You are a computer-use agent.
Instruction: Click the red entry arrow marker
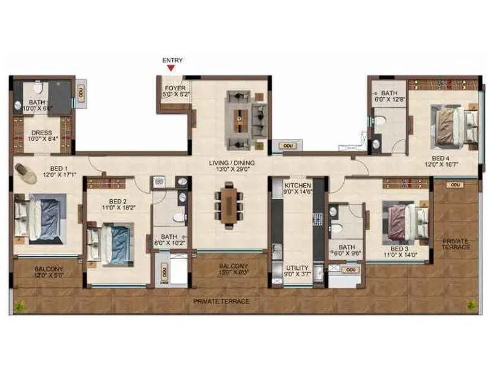(x=171, y=69)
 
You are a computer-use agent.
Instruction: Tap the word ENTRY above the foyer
(x=172, y=60)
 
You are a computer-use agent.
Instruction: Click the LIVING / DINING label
(x=231, y=165)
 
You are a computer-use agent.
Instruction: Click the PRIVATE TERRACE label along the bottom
(x=221, y=301)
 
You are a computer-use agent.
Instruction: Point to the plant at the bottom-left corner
(x=20, y=304)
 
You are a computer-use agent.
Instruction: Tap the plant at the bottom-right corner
(x=471, y=304)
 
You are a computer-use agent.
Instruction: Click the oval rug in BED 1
(x=26, y=171)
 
